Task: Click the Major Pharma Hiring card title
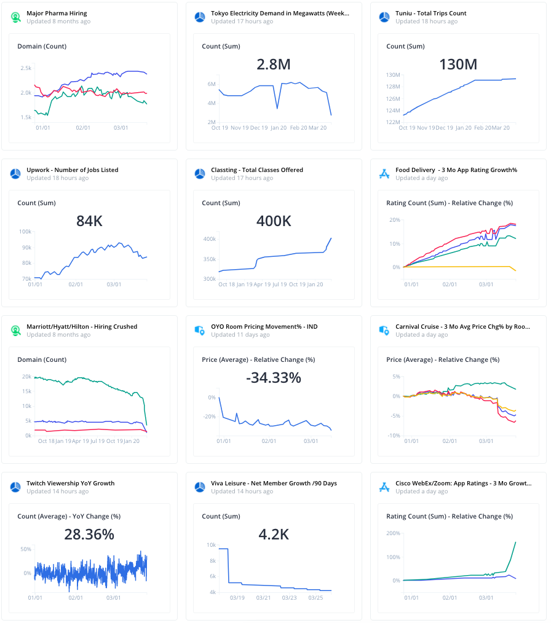(x=57, y=13)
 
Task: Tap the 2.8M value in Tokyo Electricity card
(x=274, y=65)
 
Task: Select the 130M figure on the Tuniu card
(x=458, y=65)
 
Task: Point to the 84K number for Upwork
(x=89, y=221)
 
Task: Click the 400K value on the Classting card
(x=274, y=221)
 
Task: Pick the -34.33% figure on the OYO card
(x=274, y=378)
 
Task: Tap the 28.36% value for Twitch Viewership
(x=89, y=535)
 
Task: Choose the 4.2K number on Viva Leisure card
(x=274, y=535)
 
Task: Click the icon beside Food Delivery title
(x=384, y=174)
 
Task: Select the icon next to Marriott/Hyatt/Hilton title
(x=15, y=331)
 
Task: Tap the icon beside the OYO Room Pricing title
(x=200, y=331)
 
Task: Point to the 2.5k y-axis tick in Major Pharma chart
(x=25, y=68)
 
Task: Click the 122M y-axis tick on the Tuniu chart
(x=393, y=122)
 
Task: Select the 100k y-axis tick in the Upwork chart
(x=25, y=232)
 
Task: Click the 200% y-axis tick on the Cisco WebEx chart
(x=392, y=533)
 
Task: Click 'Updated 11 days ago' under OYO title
(x=240, y=335)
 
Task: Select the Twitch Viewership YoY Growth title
(x=71, y=483)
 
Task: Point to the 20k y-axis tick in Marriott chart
(x=26, y=377)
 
